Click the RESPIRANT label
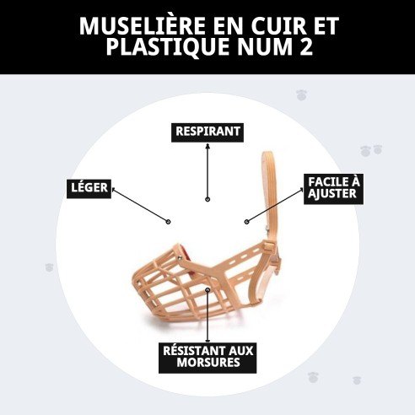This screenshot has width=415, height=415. tap(207, 132)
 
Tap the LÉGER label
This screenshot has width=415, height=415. tap(89, 187)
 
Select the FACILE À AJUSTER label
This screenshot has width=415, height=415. tap(332, 187)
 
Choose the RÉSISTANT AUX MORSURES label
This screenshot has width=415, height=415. tap(207, 357)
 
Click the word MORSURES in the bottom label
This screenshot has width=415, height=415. tap(207, 364)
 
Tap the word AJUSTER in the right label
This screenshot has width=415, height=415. tap(332, 194)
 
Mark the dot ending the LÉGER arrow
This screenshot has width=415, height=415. tap(169, 222)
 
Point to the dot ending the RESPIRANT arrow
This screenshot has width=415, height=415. tap(207, 200)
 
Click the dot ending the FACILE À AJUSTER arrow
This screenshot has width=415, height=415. tap(246, 222)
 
